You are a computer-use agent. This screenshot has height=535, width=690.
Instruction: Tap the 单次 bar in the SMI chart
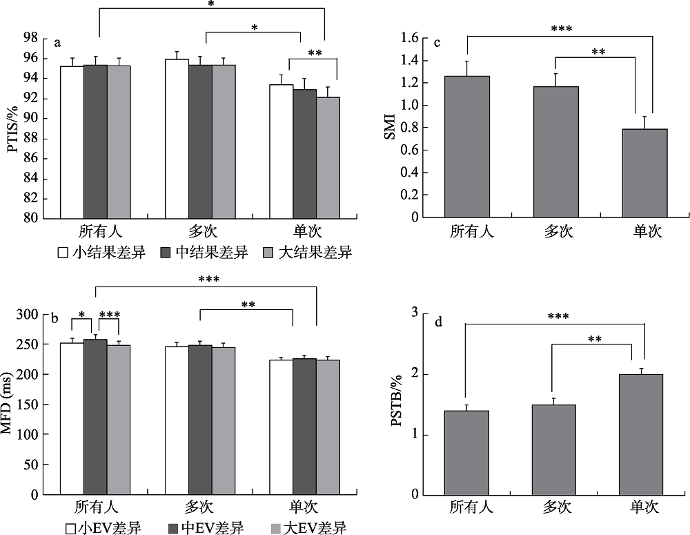click(644, 173)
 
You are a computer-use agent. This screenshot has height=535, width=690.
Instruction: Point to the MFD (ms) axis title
click(14, 404)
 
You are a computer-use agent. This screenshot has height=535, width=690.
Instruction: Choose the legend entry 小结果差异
click(101, 253)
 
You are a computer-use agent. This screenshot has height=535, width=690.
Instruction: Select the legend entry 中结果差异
click(205, 253)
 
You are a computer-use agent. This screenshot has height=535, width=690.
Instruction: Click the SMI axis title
click(391, 128)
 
